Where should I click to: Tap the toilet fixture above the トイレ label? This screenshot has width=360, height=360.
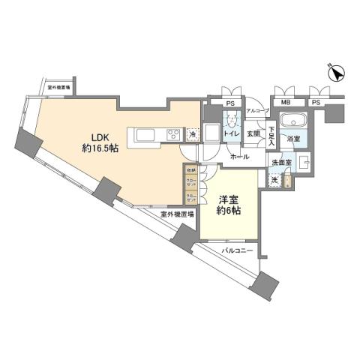point(233,120)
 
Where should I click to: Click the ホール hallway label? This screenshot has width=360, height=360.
point(240,157)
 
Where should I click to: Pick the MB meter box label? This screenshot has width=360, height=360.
point(286,102)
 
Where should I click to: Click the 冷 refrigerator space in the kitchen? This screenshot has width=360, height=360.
point(193,135)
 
